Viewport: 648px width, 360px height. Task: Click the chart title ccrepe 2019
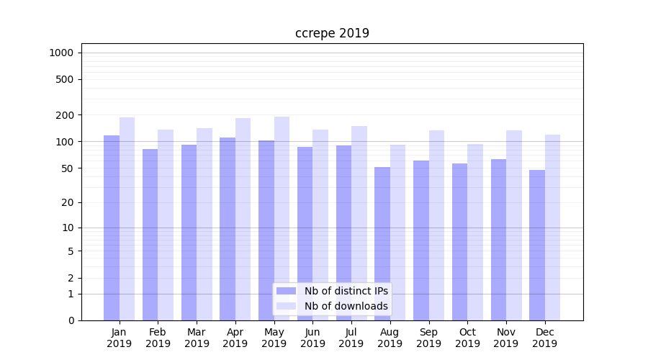coord(332,33)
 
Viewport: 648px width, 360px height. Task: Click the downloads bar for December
coord(552,228)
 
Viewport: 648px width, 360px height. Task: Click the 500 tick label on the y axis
coord(65,79)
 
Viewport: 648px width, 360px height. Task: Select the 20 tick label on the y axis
coord(68,202)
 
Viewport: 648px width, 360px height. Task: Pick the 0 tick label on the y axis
coord(71,320)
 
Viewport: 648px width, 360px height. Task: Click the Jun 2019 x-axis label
coord(312,338)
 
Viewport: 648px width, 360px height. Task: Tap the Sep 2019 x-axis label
coord(428,338)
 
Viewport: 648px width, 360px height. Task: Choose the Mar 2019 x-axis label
coord(197,338)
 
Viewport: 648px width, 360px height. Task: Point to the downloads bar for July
coord(359,223)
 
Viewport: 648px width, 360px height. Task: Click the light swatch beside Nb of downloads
coord(287,306)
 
